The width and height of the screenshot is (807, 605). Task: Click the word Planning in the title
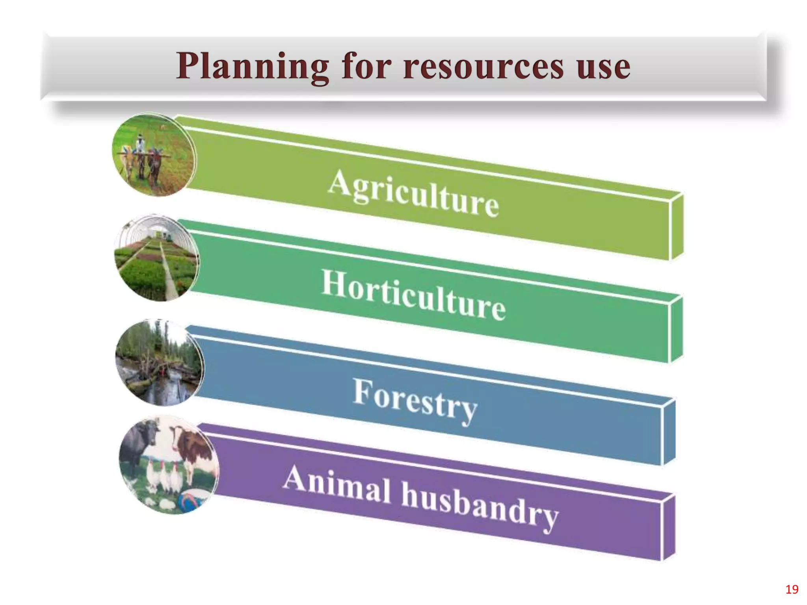coord(252,66)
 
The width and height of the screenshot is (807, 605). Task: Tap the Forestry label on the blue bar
coord(415,399)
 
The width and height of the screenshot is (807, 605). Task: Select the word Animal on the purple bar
coord(337,484)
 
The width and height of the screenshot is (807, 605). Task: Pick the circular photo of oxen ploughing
coord(154,155)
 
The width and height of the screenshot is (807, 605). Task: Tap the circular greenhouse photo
coord(157,258)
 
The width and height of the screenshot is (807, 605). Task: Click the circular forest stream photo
coord(160,363)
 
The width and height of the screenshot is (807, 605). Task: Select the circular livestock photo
coord(169,465)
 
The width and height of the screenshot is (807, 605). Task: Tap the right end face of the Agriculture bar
coord(677,226)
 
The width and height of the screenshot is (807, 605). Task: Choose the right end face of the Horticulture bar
coord(676,329)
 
